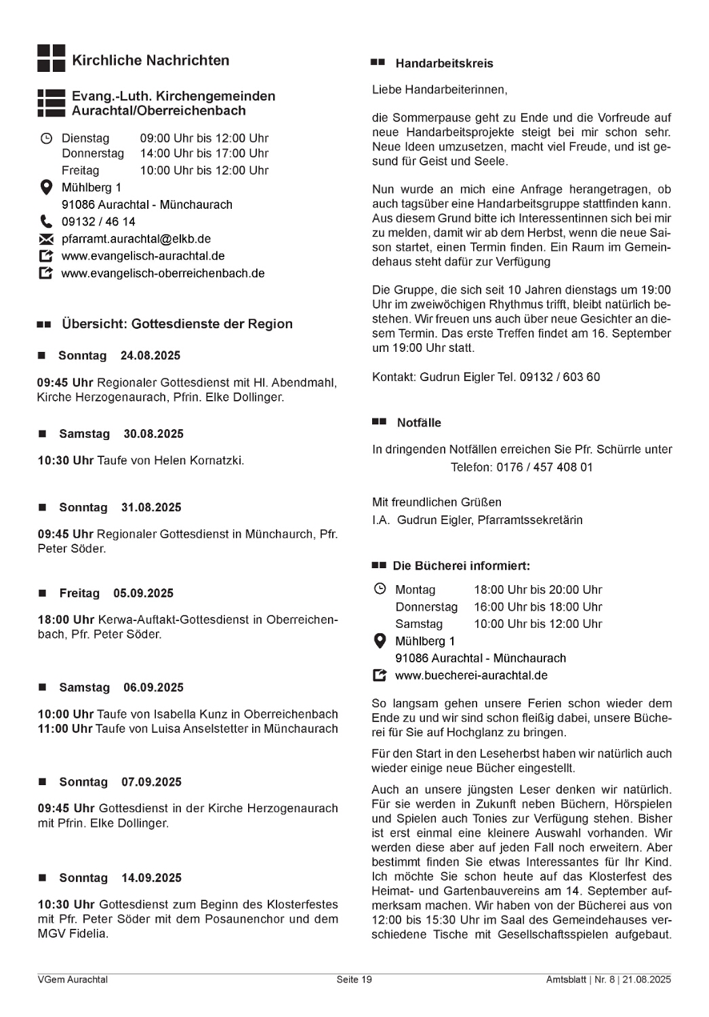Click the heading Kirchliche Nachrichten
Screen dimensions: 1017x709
(x=150, y=60)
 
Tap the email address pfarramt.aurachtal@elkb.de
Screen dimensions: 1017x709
(x=136, y=239)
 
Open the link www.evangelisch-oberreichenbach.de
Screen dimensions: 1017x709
(x=163, y=273)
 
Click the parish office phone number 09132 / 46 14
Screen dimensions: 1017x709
(x=98, y=222)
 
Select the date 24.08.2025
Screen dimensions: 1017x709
(x=150, y=355)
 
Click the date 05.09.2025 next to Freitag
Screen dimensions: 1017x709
(x=144, y=593)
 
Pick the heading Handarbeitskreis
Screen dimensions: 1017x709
(x=444, y=64)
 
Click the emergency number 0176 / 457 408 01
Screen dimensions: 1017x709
(x=544, y=467)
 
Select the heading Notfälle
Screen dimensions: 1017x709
(x=419, y=423)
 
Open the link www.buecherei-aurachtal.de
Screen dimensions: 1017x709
(x=471, y=675)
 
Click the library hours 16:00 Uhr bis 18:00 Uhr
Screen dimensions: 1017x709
(x=538, y=607)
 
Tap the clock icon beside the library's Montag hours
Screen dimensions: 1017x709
(x=380, y=589)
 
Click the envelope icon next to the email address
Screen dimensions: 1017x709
(x=46, y=239)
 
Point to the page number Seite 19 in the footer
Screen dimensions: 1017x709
(x=354, y=980)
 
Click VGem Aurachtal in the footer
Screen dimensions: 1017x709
(x=73, y=980)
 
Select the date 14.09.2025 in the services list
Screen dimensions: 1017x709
(x=151, y=878)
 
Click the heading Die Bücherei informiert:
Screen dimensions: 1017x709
(x=461, y=565)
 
